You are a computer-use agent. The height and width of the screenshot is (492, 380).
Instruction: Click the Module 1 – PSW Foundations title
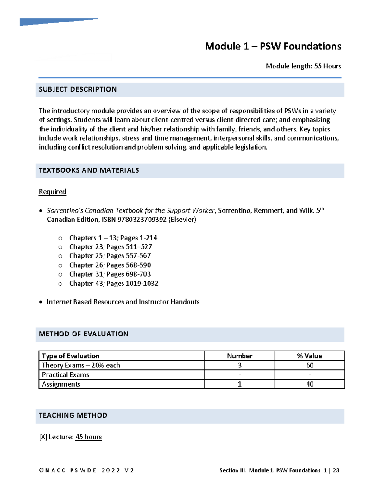273,46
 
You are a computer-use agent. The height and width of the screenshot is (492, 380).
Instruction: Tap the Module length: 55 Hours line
303,66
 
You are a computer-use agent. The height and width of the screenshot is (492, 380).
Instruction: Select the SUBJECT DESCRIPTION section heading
78,90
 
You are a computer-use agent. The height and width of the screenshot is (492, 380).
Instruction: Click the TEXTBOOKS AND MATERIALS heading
89,170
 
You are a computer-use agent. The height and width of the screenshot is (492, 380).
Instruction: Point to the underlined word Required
52,192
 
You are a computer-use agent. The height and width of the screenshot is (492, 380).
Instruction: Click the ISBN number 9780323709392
142,220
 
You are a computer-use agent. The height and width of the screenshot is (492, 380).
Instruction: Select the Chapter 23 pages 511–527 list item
111,247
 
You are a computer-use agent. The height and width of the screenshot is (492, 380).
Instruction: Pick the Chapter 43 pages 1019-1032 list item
114,284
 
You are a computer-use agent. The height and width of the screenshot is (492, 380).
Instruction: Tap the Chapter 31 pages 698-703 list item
110,274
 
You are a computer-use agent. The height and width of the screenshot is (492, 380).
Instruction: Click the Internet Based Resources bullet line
123,302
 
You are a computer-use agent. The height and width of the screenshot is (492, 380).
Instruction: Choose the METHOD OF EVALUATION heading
83,334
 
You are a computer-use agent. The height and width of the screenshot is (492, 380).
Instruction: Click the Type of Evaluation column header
71,356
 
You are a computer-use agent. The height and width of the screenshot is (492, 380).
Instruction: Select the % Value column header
309,356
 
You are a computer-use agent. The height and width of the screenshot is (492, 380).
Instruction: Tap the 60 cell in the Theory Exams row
310,365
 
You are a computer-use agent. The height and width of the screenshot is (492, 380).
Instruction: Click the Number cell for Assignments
239,384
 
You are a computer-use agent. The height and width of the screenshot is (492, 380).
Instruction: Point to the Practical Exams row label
66,375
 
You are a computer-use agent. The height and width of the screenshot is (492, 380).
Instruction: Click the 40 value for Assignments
310,384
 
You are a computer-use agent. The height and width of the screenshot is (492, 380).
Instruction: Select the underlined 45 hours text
88,437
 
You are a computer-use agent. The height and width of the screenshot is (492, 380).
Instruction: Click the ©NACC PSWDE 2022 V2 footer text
86,470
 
